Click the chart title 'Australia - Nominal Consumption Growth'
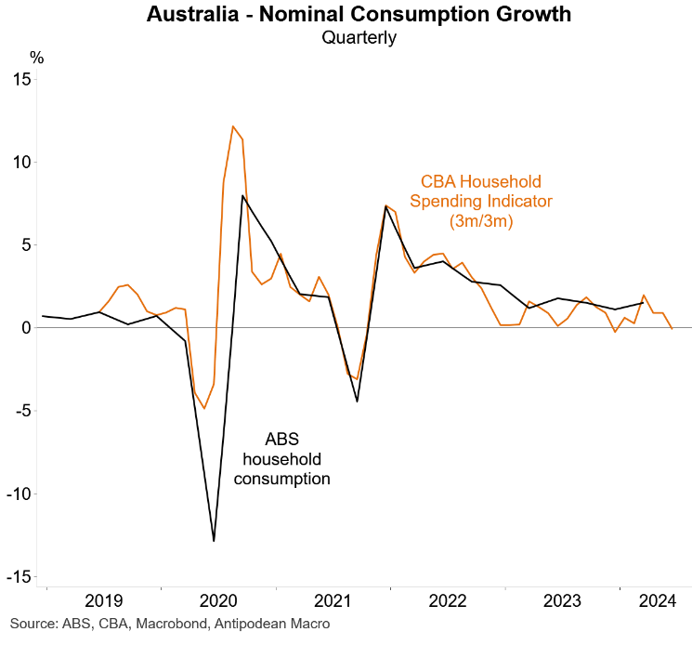point(359,15)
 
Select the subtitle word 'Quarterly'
point(359,38)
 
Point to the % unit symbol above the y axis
point(37,57)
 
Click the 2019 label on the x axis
point(103,600)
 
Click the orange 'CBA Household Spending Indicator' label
point(480,201)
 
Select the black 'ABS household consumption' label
point(281,459)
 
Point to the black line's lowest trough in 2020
point(215,541)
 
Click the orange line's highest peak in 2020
point(233,126)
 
